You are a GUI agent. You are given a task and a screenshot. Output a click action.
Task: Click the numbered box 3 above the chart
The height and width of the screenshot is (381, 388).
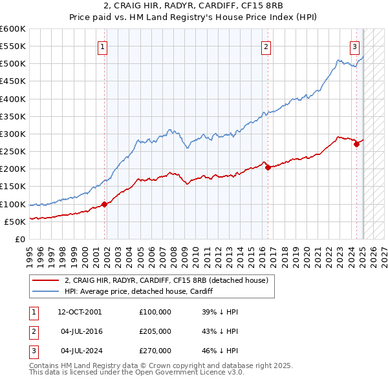(355, 46)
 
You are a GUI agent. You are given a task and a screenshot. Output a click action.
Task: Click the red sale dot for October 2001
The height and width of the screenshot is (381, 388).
(105, 204)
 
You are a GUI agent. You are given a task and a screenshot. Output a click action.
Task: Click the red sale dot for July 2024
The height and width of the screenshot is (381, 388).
(356, 145)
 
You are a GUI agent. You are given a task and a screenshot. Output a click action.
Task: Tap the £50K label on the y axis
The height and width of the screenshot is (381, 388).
(15, 221)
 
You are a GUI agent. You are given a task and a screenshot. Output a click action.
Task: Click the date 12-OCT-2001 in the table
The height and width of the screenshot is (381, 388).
(80, 312)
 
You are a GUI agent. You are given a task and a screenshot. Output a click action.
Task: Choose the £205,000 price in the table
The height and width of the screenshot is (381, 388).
(155, 331)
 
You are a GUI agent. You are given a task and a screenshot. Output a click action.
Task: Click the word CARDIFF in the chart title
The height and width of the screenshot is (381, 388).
(208, 6)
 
